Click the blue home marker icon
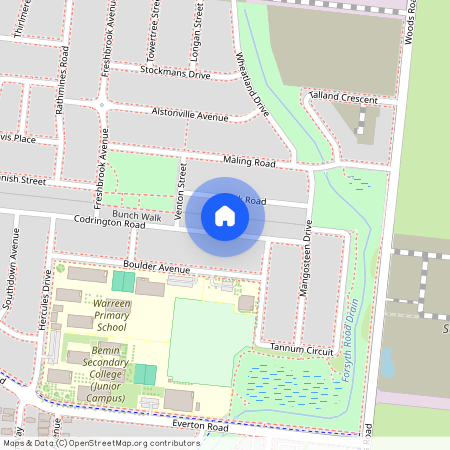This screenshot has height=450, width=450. coord(225,216)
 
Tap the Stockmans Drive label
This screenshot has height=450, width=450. coord(176,73)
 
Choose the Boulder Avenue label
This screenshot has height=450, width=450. coord(157,269)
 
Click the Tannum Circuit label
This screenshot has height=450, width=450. coord(306,349)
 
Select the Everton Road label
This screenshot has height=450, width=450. coord(200,427)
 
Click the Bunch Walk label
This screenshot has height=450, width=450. coord(136,215)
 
